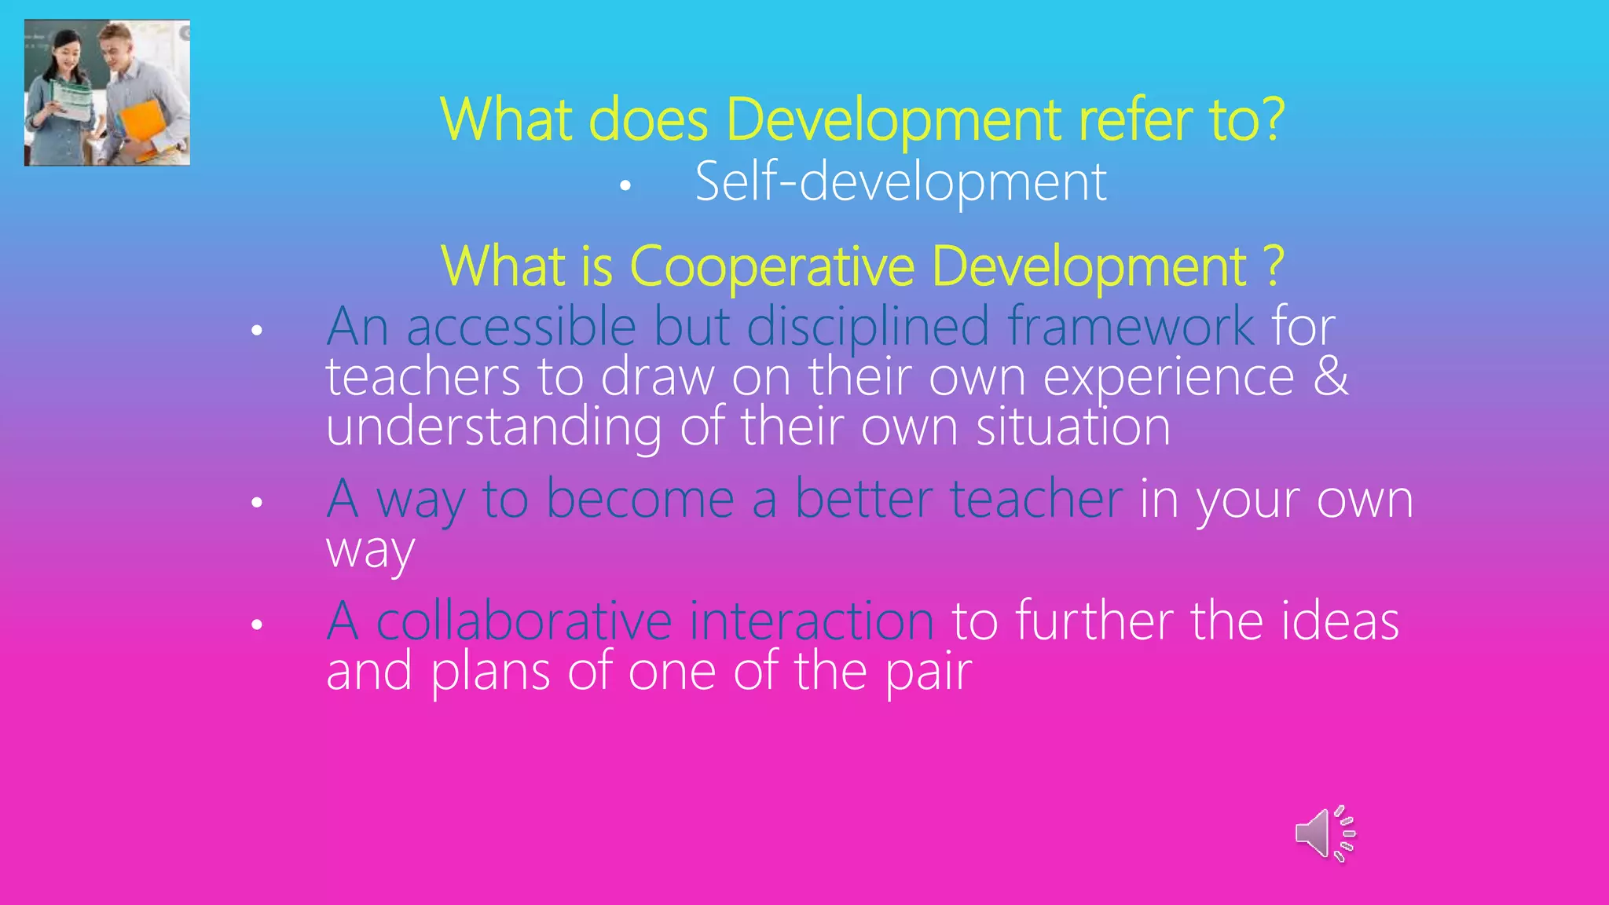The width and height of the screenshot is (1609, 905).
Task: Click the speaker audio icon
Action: click(1325, 834)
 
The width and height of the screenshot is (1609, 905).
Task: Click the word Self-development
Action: click(900, 182)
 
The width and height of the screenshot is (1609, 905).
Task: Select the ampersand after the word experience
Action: click(1330, 376)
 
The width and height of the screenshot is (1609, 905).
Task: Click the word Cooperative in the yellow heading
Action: click(772, 266)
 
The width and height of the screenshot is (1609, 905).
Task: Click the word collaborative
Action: click(524, 621)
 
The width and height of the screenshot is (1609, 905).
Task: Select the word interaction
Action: click(812, 621)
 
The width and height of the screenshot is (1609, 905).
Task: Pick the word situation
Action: click(1072, 427)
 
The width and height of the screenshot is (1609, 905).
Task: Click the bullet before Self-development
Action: click(625, 185)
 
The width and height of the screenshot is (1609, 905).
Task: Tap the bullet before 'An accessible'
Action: click(257, 331)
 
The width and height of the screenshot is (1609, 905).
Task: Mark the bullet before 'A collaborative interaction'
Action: click(257, 625)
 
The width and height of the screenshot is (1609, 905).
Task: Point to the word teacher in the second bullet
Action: click(1036, 499)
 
